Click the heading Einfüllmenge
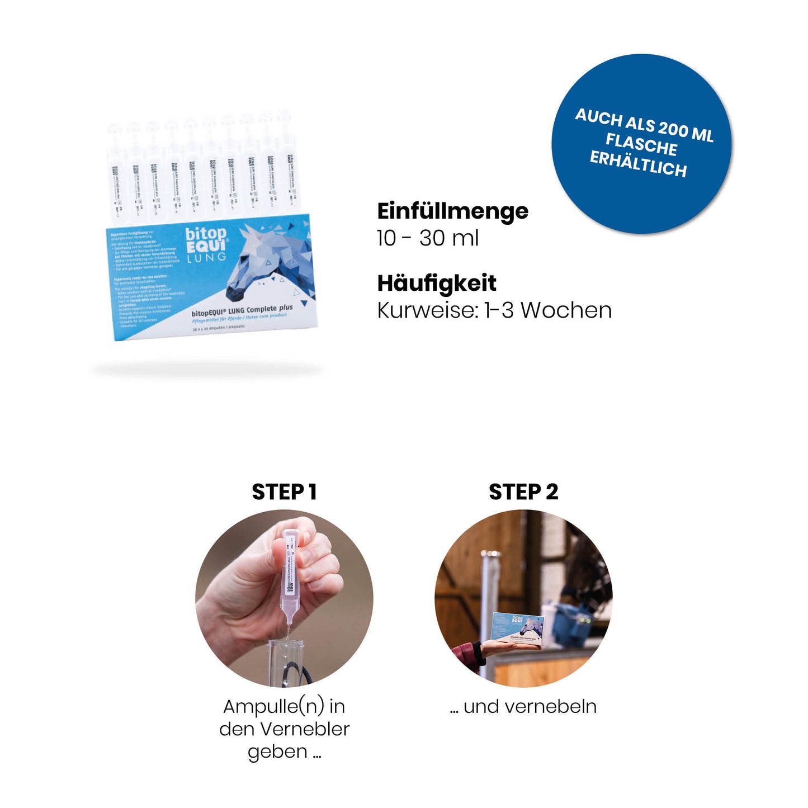[452, 211]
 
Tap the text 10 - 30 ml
[428, 238]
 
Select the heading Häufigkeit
[436, 283]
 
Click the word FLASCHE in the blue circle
[641, 144]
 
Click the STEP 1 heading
[284, 492]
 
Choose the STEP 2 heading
[523, 492]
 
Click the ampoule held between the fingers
[289, 576]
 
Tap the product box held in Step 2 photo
[517, 629]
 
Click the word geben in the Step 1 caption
[277, 752]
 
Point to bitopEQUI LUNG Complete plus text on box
[242, 310]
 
